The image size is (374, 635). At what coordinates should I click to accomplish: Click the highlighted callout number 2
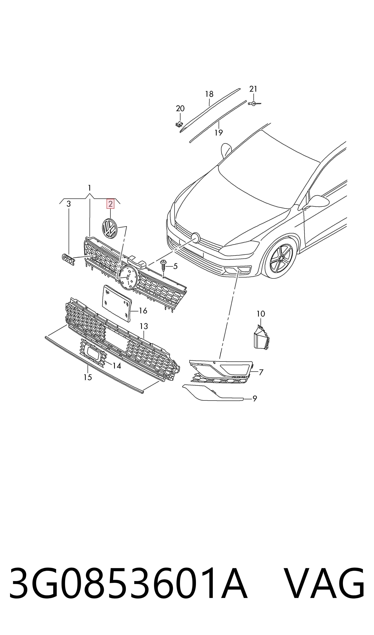(x=110, y=204)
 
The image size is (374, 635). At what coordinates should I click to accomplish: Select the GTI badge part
(x=68, y=259)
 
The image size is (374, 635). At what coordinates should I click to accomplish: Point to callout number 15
(x=88, y=377)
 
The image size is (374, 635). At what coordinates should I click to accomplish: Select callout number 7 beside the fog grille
(x=261, y=372)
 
